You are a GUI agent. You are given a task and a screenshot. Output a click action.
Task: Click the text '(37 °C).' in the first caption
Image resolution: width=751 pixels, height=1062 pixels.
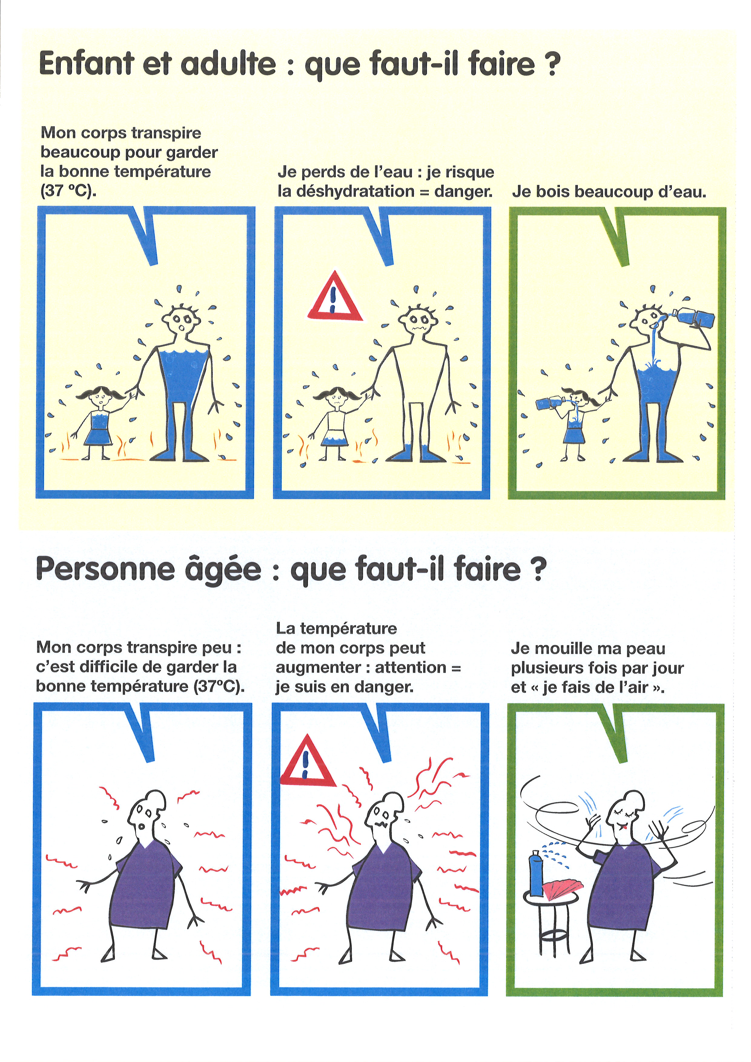pyautogui.click(x=68, y=190)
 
